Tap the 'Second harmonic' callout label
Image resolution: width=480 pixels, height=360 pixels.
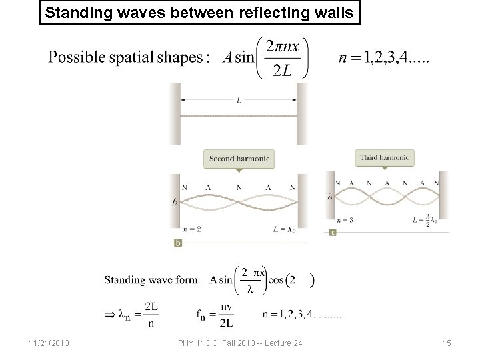(239, 159)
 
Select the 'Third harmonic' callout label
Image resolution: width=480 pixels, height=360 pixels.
(385, 158)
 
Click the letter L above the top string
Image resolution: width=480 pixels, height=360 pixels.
(239, 100)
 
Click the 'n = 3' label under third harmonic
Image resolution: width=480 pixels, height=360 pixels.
(345, 219)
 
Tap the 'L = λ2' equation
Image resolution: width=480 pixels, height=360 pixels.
(283, 229)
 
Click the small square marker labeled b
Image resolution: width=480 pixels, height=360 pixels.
(178, 243)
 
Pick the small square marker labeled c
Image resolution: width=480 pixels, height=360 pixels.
(333, 232)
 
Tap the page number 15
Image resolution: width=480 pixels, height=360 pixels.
(447, 343)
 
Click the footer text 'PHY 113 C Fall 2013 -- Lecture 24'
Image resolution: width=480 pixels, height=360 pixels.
(241, 343)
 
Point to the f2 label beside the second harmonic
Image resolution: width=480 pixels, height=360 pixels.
(175, 202)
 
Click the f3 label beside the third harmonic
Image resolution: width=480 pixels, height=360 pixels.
(330, 196)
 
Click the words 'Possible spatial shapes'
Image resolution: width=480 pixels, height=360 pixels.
(125, 57)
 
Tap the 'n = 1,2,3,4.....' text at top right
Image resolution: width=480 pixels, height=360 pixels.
(384, 58)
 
